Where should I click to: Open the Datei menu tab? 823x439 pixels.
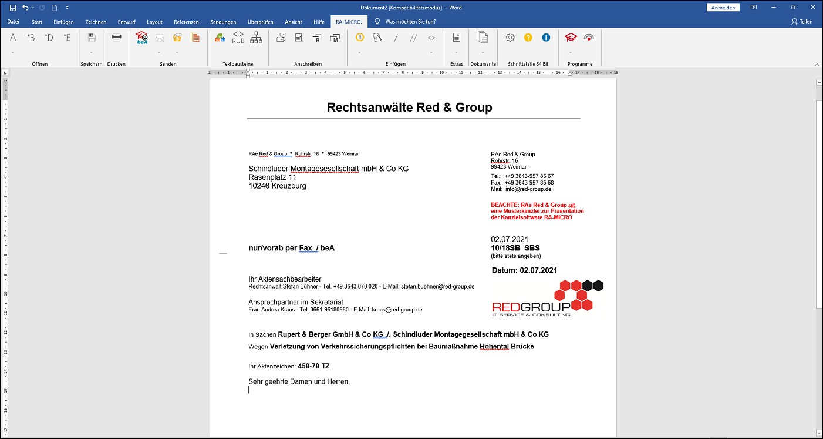pos(13,22)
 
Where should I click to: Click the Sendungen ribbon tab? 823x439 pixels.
pos(223,22)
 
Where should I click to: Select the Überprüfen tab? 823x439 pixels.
pos(260,22)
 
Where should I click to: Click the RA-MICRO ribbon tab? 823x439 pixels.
pos(348,22)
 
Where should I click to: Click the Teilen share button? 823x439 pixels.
pos(802,22)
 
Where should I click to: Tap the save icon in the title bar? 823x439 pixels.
pos(13,8)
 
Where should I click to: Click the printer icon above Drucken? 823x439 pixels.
pos(116,38)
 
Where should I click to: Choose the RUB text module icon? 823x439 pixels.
pos(238,38)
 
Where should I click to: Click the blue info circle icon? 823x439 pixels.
pos(546,38)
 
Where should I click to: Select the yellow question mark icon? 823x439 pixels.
pos(528,38)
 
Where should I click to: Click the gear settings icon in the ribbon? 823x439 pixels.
pos(510,38)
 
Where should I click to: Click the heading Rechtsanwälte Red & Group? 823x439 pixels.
pos(409,108)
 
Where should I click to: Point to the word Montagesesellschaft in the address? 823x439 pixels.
pos(325,169)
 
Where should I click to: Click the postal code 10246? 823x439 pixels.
pos(259,186)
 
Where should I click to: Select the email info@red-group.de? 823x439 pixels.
pos(528,189)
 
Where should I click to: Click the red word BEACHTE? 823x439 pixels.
pos(504,205)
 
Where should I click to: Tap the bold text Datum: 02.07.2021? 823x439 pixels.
pos(524,270)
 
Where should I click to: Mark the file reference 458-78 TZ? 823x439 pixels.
pos(313,366)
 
